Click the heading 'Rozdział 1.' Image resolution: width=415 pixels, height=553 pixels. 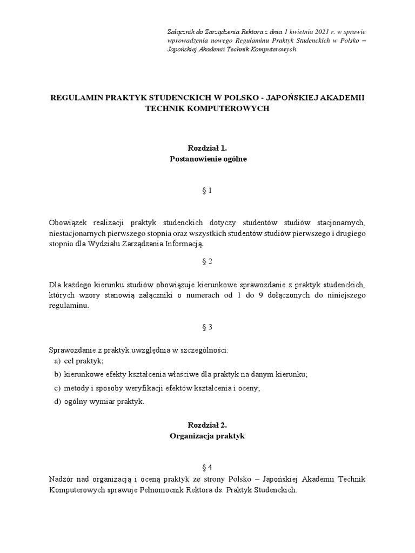tap(207, 148)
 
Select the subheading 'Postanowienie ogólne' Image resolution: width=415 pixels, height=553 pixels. tap(207, 159)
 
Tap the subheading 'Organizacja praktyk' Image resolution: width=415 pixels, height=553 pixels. tap(207, 436)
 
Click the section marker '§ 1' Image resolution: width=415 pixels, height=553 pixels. tap(207, 190)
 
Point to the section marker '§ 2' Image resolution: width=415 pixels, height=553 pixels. tap(207, 261)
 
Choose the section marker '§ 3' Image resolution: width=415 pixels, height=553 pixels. tap(207, 327)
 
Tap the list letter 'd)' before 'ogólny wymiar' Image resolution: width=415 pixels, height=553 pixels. tap(57, 401)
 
